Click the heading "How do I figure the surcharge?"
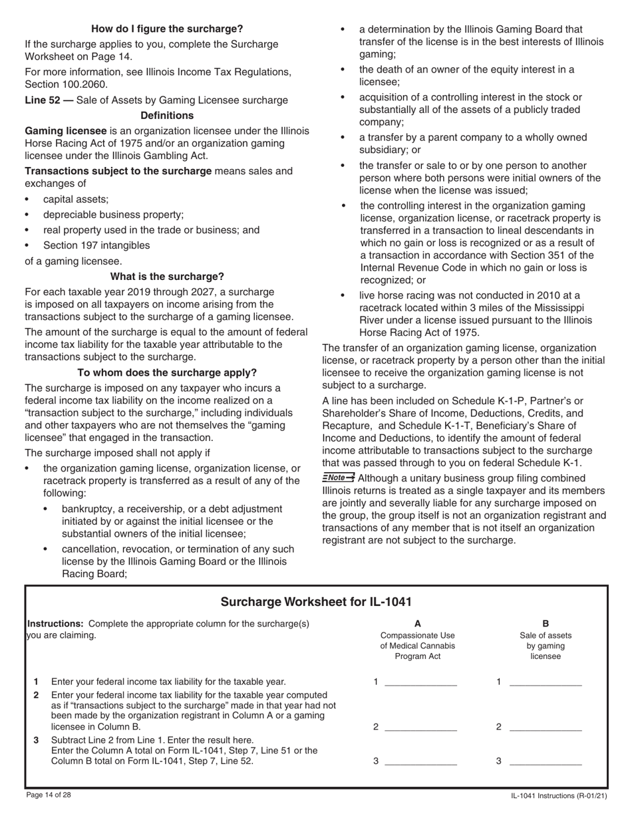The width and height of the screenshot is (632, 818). [167, 29]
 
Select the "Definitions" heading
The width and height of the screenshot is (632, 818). [167, 116]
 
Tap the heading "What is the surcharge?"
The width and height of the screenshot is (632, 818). [167, 277]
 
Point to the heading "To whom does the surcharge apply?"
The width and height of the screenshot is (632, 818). [167, 373]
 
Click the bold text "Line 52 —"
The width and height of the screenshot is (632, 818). [49, 100]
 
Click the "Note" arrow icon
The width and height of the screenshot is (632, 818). [339, 478]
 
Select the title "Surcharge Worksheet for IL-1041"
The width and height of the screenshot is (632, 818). [316, 603]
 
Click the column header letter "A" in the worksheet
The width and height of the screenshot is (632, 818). [418, 624]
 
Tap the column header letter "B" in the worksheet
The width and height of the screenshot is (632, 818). [546, 624]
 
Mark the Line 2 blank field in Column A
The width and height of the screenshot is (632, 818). [421, 727]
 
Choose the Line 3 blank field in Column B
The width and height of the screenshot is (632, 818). [545, 761]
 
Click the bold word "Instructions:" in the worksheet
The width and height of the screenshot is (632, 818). [55, 624]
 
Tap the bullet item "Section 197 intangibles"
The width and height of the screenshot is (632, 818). [96, 245]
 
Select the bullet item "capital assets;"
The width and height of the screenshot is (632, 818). [76, 200]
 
